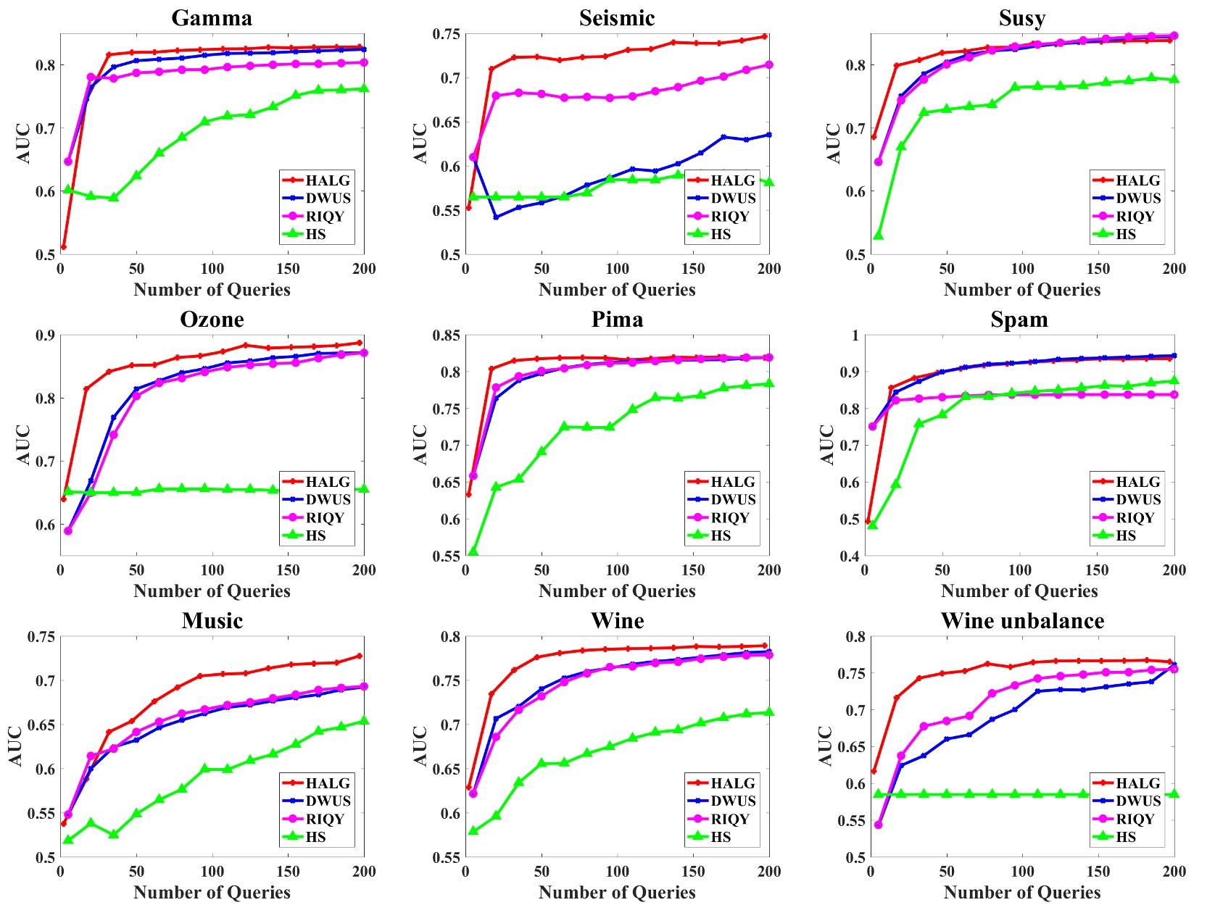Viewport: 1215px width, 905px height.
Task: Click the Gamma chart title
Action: pyautogui.click(x=212, y=17)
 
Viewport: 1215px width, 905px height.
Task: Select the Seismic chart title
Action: pyautogui.click(x=617, y=17)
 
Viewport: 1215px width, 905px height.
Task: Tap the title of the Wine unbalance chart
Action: pyautogui.click(x=1022, y=620)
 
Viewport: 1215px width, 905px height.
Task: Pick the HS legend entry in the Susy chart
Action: pyautogui.click(x=1125, y=234)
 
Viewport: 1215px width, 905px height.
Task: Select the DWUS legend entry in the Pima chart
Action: pyautogui.click(x=732, y=499)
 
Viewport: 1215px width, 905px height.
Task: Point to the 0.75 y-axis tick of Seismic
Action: pyautogui.click(x=446, y=34)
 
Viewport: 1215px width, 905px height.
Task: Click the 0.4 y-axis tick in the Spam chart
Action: pyautogui.click(x=850, y=556)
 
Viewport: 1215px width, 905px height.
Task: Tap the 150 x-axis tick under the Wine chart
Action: pyautogui.click(x=693, y=872)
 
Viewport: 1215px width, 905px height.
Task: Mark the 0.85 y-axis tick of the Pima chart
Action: pyautogui.click(x=446, y=335)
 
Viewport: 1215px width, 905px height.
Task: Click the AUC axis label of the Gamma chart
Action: pyautogui.click(x=23, y=143)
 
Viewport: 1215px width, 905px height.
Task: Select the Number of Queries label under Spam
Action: pyautogui.click(x=1019, y=591)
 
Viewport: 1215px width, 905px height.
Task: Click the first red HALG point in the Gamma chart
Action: pyautogui.click(x=64, y=247)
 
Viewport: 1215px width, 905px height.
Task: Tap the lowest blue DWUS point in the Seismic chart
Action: pyautogui.click(x=496, y=217)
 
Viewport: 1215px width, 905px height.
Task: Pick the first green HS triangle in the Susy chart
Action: pyautogui.click(x=879, y=235)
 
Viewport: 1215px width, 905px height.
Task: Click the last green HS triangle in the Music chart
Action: pyautogui.click(x=363, y=721)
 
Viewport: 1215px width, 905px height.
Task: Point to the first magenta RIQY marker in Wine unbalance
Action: pyautogui.click(x=879, y=825)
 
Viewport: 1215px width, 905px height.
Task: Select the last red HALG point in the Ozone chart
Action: pyautogui.click(x=360, y=343)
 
